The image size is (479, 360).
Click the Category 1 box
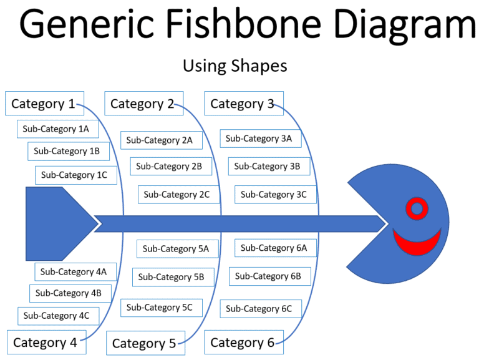pyautogui.click(x=45, y=104)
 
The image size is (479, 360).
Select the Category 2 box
pyautogui.click(x=144, y=104)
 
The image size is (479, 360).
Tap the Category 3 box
pyautogui.click(x=244, y=104)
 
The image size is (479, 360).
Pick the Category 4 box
pyautogui.click(x=46, y=343)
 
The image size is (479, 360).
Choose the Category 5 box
pyautogui.click(x=146, y=343)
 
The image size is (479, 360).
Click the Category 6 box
pyautogui.click(x=244, y=343)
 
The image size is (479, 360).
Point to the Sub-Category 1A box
pyautogui.click(x=58, y=129)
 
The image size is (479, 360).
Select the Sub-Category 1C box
pyautogui.click(x=76, y=175)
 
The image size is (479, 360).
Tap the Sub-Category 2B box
pyautogui.click(x=171, y=166)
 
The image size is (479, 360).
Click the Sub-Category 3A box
pyautogui.click(x=261, y=139)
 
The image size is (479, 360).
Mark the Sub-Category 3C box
pyautogui.click(x=276, y=195)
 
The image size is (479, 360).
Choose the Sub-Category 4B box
pyautogui.click(x=70, y=293)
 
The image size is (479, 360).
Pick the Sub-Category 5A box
pyautogui.click(x=178, y=249)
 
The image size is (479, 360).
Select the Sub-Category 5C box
pyautogui.click(x=162, y=308)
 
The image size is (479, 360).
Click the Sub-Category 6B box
pyautogui.click(x=270, y=276)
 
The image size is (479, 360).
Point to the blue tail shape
pyautogui.click(x=62, y=224)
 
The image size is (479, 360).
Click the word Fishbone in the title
pyautogui.click(x=243, y=23)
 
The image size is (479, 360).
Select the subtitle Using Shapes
pyautogui.click(x=235, y=66)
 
